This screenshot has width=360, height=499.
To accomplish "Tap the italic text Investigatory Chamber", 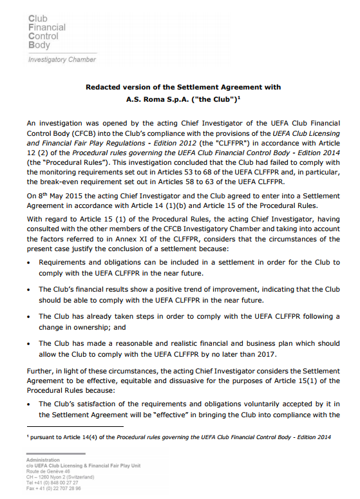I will pyautogui.click(x=62, y=60).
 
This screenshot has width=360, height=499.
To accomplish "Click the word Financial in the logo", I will pyautogui.click(x=47, y=28).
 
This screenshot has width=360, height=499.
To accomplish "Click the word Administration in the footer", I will pyautogui.click(x=43, y=460).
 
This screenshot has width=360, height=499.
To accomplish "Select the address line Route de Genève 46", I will pyautogui.click(x=49, y=472).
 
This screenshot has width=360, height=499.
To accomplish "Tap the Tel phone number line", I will pyautogui.click(x=52, y=483).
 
